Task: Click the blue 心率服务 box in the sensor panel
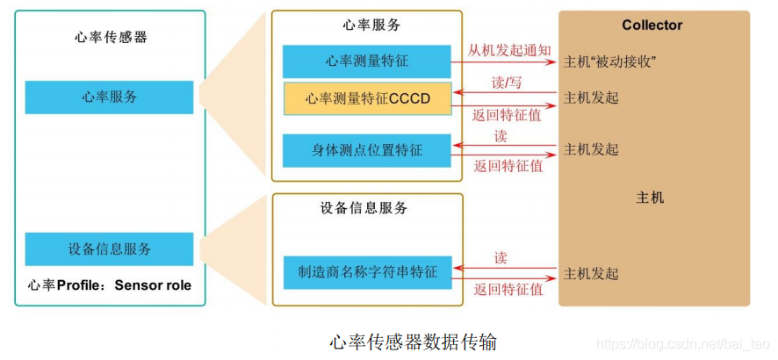(x=109, y=97)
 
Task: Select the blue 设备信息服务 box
(x=109, y=249)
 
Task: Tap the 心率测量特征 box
(x=366, y=62)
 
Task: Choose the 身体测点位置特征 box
(x=366, y=150)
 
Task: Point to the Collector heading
(x=652, y=25)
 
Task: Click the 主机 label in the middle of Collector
(x=650, y=198)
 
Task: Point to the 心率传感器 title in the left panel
(x=111, y=37)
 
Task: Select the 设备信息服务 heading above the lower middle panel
(x=364, y=208)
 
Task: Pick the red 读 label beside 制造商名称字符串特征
(x=501, y=258)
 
